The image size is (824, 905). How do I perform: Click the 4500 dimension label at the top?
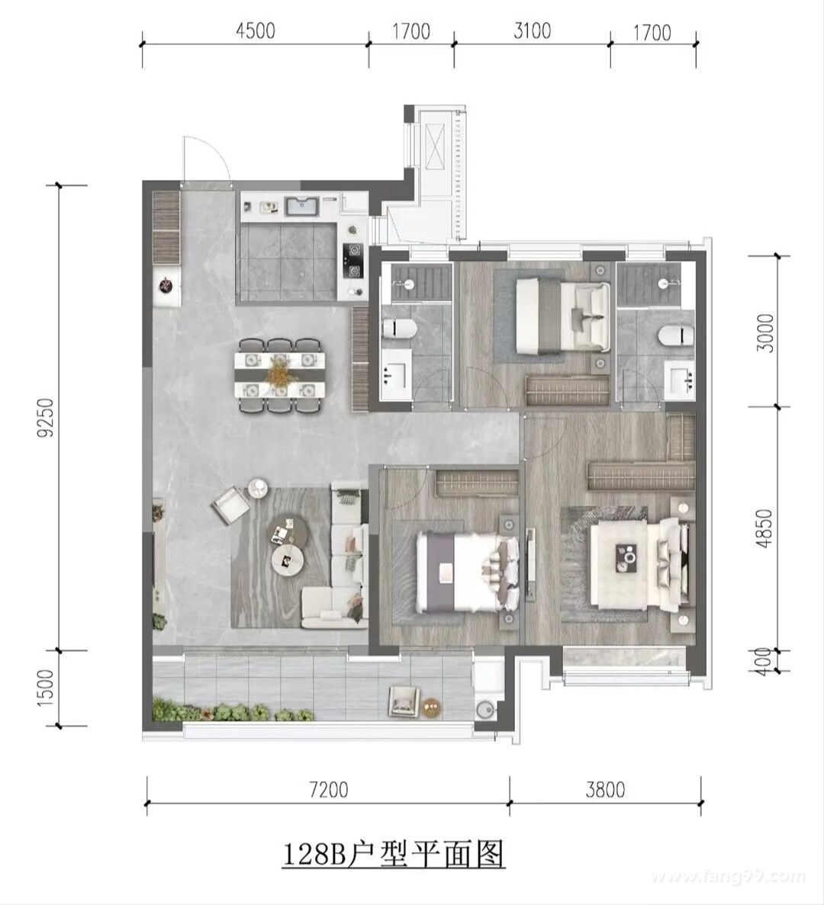(256, 30)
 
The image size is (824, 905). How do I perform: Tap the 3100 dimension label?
(532, 30)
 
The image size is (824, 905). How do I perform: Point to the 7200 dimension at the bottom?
(329, 789)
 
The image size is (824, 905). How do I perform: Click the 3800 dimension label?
(605, 789)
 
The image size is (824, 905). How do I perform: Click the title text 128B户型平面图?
(393, 854)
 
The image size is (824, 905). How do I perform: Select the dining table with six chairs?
(279, 375)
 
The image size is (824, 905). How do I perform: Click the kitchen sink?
(301, 206)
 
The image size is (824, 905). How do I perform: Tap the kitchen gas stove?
(352, 261)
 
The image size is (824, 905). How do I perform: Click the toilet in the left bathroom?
(400, 329)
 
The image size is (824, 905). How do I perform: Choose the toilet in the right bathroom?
(676, 334)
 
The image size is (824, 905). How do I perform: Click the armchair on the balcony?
(403, 700)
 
